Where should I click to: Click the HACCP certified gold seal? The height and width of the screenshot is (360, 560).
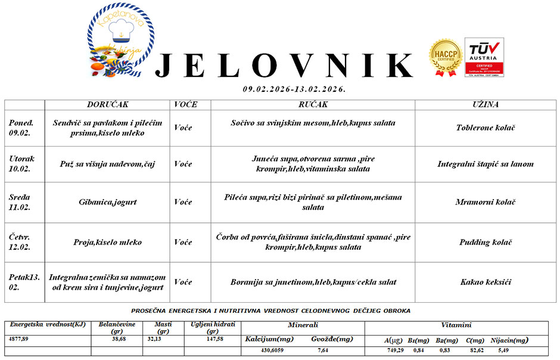[x=446, y=58]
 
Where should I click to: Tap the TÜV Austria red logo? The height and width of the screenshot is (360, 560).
[x=484, y=57]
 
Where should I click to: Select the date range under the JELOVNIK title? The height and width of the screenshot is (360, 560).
[x=294, y=89]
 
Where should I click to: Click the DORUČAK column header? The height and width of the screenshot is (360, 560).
[x=108, y=104]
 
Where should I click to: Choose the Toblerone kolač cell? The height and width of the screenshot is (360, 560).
[x=485, y=128]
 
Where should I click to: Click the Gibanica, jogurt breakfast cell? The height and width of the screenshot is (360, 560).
[x=108, y=202]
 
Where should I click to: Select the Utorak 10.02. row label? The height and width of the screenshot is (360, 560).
[x=22, y=164]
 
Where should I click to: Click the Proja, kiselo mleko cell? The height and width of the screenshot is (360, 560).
[x=108, y=243]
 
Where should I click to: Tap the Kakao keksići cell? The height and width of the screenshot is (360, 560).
[x=486, y=282]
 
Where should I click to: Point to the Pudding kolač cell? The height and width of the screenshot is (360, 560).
[x=486, y=243]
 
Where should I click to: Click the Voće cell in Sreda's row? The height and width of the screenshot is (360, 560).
[x=183, y=202]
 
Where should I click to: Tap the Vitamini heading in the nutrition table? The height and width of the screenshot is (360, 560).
[x=456, y=325]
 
